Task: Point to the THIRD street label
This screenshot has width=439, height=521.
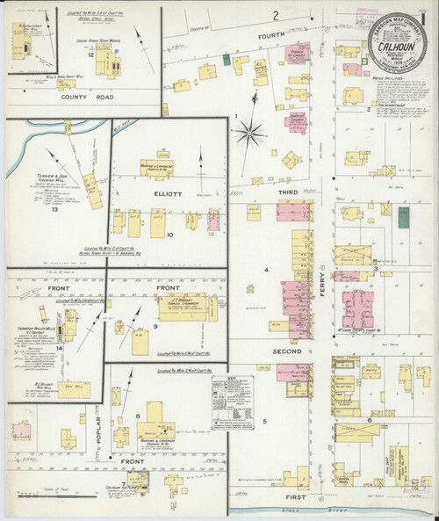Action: [290, 192]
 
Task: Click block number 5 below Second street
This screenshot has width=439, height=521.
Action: [263, 422]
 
